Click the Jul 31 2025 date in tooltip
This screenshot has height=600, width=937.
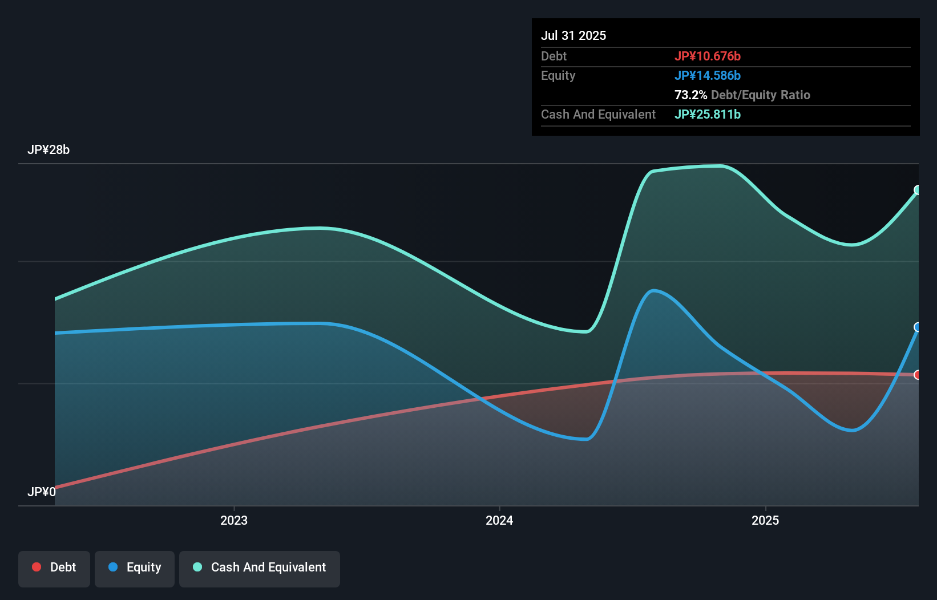(x=573, y=35)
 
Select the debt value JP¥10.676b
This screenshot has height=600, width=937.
(x=707, y=56)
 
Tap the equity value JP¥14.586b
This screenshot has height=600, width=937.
(x=707, y=75)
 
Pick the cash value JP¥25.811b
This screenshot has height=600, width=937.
(x=707, y=114)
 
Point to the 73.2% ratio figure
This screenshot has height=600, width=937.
(x=690, y=95)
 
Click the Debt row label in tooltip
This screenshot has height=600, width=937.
(x=554, y=56)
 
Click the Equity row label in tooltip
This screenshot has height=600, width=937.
(x=558, y=75)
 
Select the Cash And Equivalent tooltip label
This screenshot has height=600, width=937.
(x=598, y=114)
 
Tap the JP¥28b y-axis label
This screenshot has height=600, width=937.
(x=49, y=149)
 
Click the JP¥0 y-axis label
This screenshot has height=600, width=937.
(x=42, y=492)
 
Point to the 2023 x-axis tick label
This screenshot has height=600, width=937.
(x=234, y=520)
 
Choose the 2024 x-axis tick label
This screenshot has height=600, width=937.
(x=499, y=520)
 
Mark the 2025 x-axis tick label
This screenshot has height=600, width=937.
(x=765, y=520)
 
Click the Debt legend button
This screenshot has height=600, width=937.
(x=54, y=567)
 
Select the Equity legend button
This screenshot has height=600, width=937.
(x=135, y=567)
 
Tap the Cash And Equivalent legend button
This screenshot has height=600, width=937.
(x=260, y=567)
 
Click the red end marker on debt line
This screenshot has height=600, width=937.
(x=918, y=375)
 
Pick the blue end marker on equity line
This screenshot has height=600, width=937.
(x=918, y=327)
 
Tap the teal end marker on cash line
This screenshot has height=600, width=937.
(x=918, y=190)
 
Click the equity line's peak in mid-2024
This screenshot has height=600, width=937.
(x=653, y=290)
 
